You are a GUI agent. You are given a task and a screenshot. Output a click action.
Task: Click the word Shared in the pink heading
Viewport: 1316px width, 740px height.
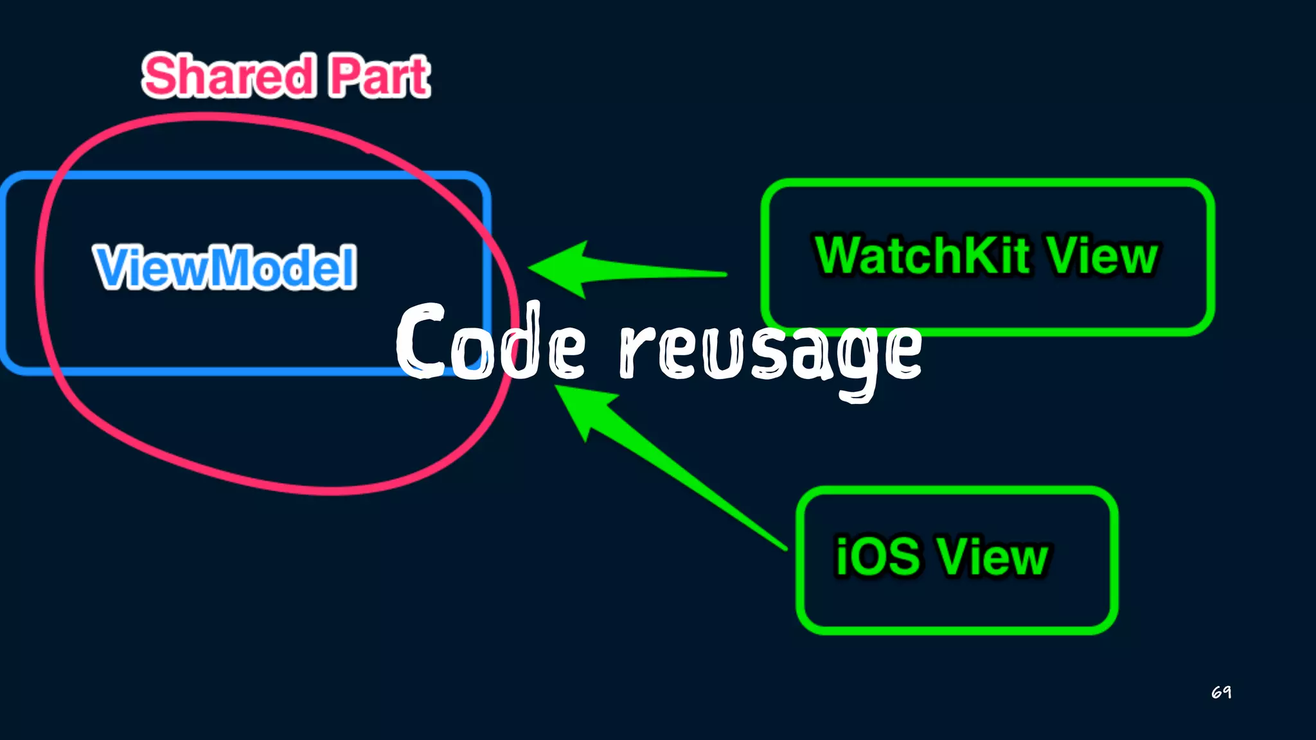[228, 76]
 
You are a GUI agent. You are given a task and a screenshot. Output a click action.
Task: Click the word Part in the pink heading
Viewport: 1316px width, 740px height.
[379, 76]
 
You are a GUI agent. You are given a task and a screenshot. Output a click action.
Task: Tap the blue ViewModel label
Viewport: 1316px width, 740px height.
[225, 267]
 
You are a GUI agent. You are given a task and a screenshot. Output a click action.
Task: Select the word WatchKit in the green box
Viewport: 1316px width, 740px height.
[922, 256]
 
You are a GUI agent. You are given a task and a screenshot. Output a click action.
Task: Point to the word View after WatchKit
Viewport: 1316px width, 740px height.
[1102, 256]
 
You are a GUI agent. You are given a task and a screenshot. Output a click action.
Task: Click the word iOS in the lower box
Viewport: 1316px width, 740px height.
[878, 556]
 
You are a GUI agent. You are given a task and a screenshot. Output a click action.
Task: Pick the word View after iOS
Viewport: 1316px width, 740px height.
[992, 556]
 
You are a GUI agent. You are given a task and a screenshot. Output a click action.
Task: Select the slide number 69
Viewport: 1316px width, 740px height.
[1221, 692]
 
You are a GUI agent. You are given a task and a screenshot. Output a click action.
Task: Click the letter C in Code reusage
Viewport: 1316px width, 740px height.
[421, 340]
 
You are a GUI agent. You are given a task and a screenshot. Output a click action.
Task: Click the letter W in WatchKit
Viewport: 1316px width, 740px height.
[842, 256]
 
